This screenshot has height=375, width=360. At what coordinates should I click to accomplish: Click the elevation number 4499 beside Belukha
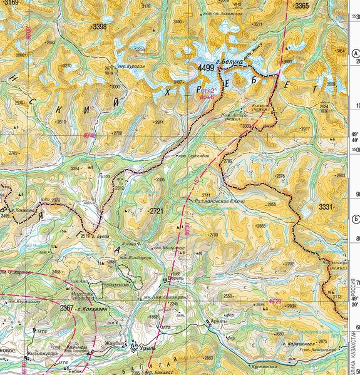point(205,68)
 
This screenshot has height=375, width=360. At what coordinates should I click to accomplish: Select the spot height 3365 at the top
point(302,6)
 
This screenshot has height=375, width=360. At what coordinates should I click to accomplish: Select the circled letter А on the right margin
point(355,54)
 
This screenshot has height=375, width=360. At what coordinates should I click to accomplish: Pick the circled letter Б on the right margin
point(355,218)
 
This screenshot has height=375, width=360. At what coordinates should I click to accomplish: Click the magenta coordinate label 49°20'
point(275,301)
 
